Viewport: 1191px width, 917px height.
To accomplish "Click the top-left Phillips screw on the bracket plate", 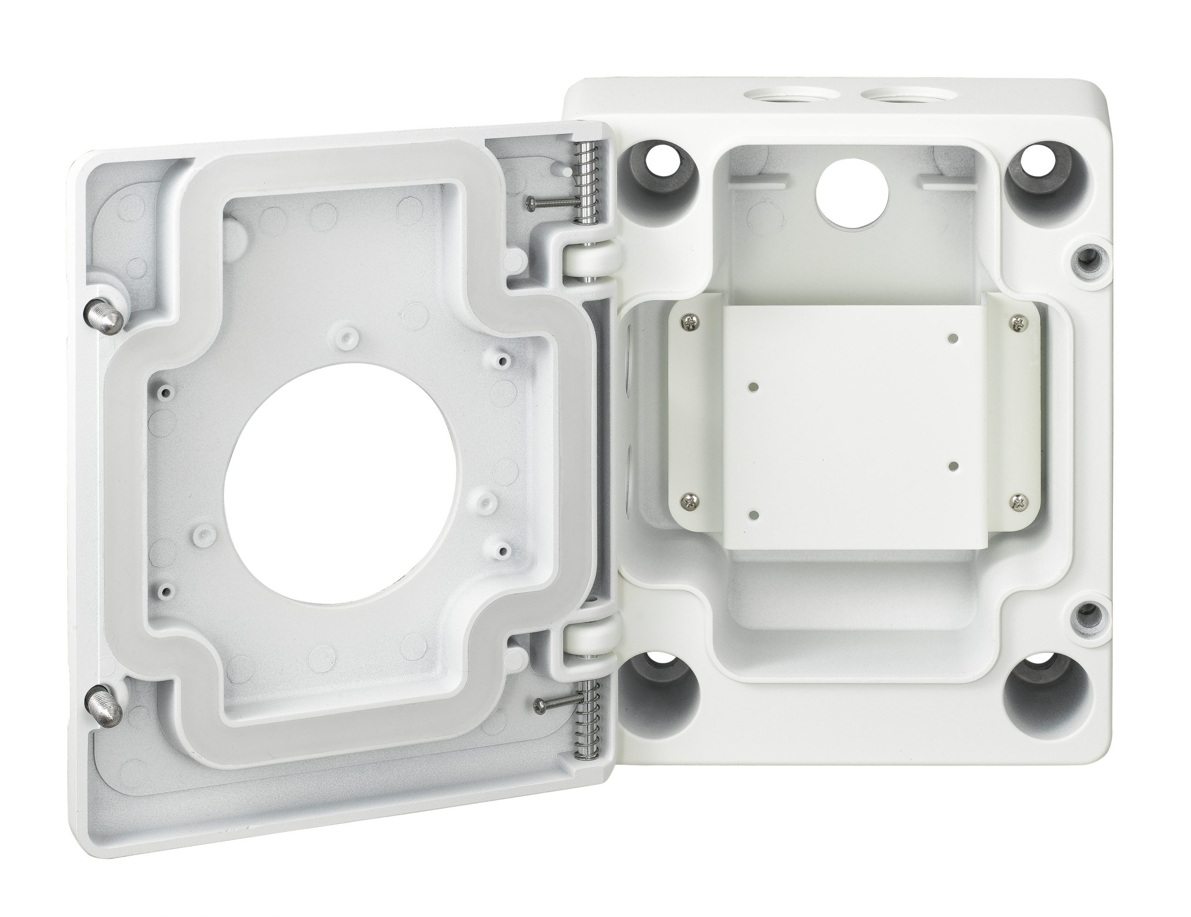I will (x=690, y=323).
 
